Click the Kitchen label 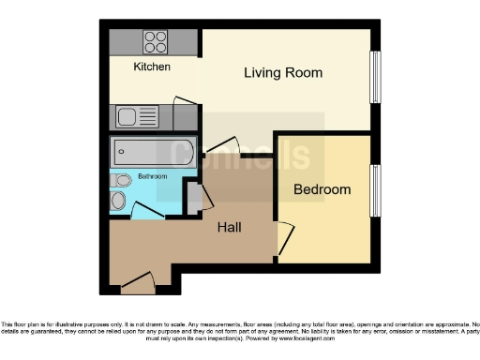(x=152, y=67)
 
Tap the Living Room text (x=283, y=73)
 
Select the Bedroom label (x=322, y=189)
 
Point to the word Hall (x=231, y=227)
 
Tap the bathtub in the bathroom (x=152, y=152)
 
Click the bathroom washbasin (x=118, y=201)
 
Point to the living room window (x=375, y=77)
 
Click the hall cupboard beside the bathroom (x=193, y=198)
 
